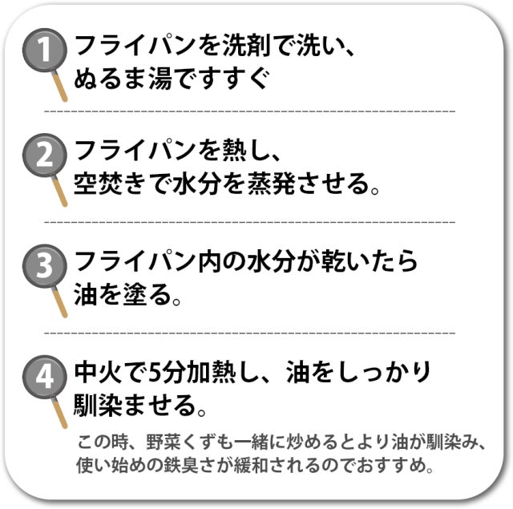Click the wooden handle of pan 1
[60, 87]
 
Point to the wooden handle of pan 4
[60, 413]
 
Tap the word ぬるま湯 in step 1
[123, 79]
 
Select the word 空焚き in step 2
[111, 184]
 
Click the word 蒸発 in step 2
[271, 184]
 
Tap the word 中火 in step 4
[98, 372]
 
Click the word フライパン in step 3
[135, 261]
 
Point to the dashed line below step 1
[250, 111]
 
